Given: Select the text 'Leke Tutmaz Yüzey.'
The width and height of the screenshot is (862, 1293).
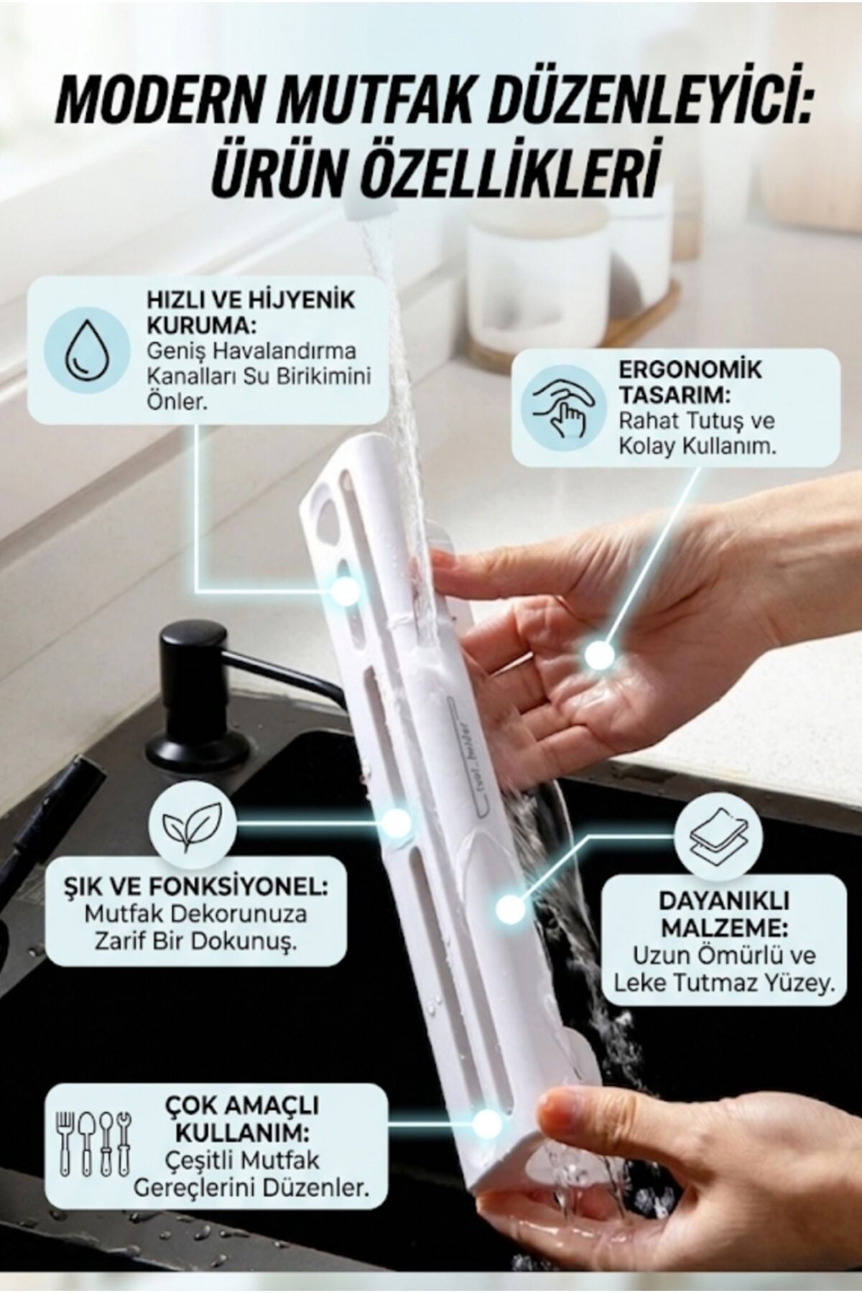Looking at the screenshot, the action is coord(724,981).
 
